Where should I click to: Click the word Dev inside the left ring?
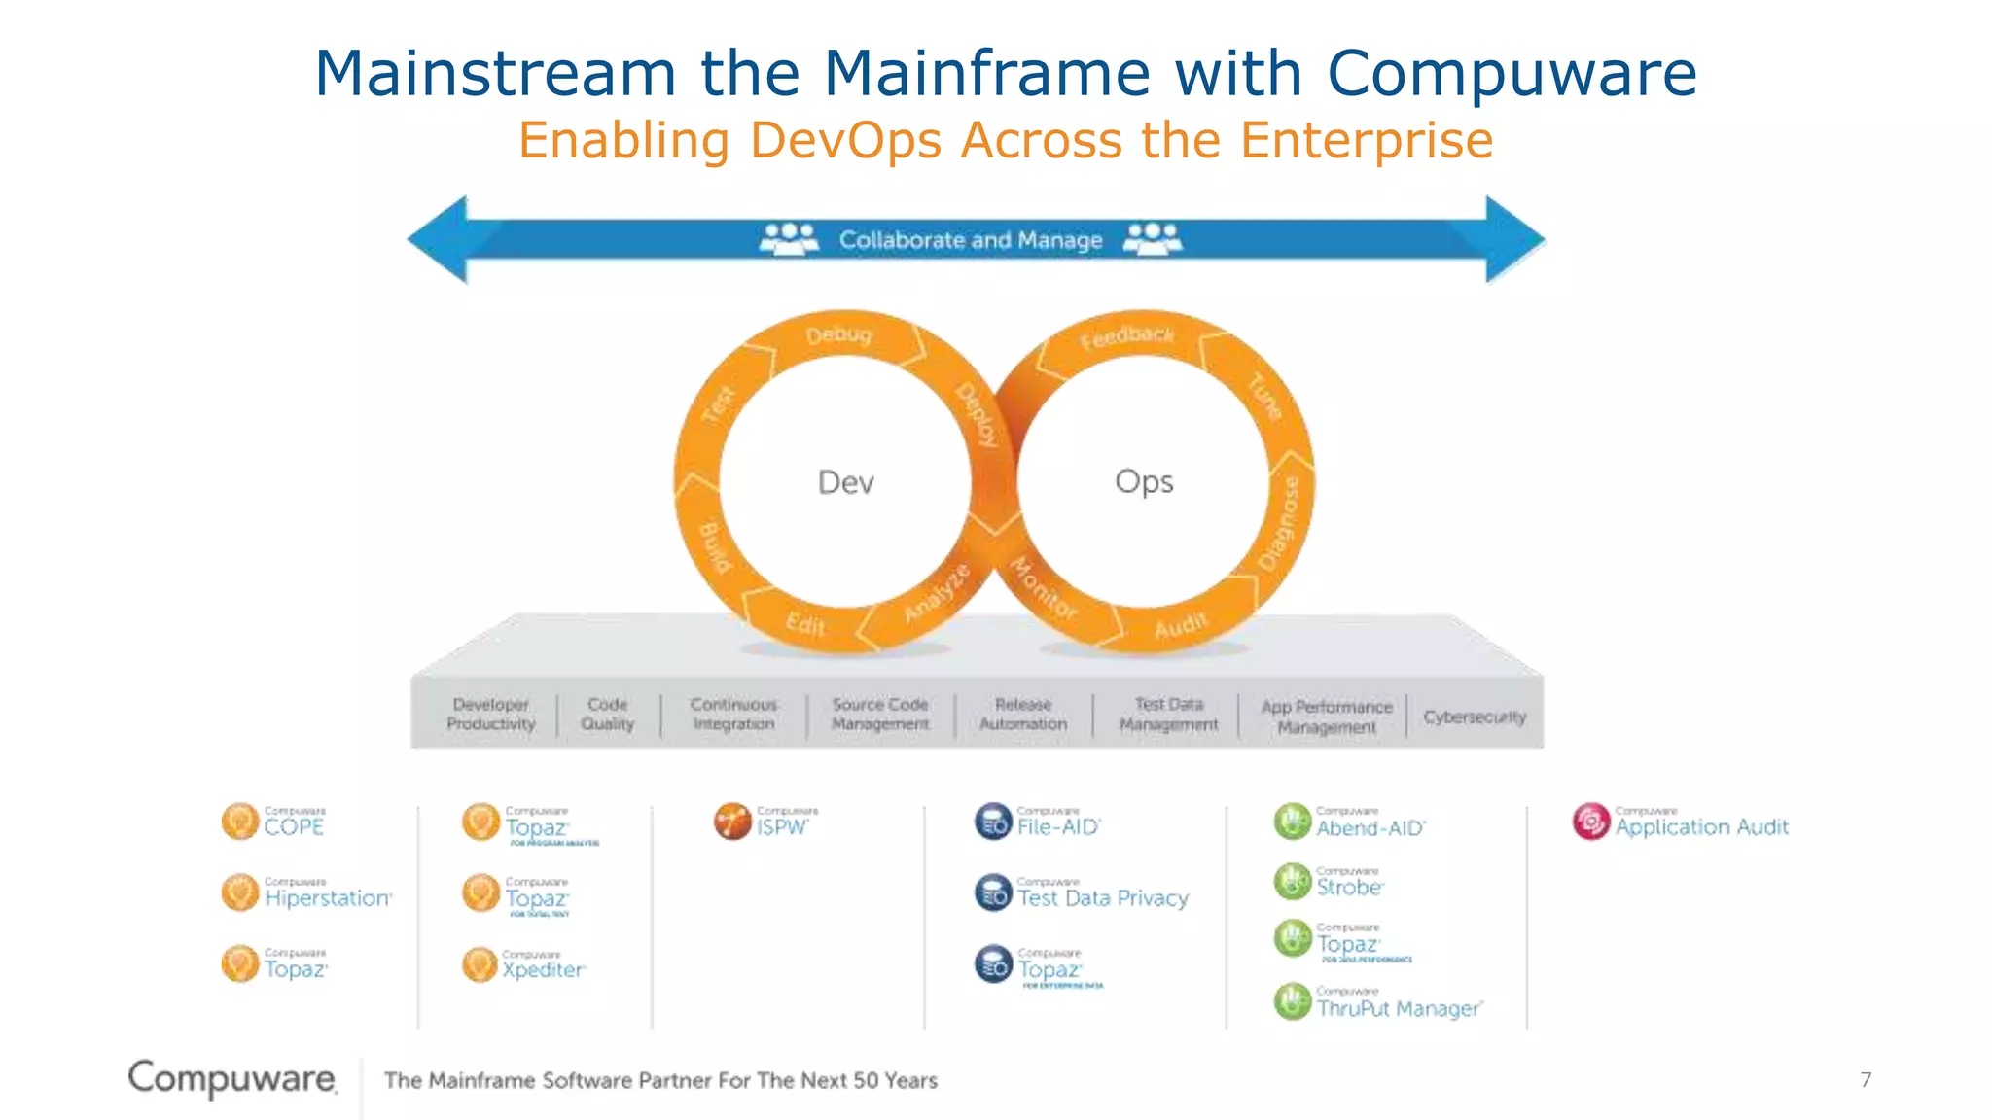click(x=845, y=482)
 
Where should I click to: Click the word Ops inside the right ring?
click(x=1144, y=481)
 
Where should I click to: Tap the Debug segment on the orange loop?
click(x=838, y=335)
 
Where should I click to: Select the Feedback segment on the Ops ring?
click(x=1127, y=337)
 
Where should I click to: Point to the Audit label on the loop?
click(x=1180, y=626)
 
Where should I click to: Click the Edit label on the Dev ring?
click(x=805, y=623)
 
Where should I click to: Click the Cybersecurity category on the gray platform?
click(x=1475, y=717)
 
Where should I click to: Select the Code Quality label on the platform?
click(x=607, y=714)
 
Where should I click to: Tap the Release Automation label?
click(x=1022, y=714)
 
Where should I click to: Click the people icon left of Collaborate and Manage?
click(x=789, y=238)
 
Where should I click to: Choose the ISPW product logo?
click(x=732, y=822)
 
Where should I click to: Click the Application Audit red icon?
click(x=1591, y=822)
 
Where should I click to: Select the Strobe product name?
click(x=1349, y=887)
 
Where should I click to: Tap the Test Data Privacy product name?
click(x=1103, y=898)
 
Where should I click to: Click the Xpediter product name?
click(x=543, y=969)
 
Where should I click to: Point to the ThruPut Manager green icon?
click(x=1293, y=1002)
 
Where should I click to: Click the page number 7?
click(x=1866, y=1079)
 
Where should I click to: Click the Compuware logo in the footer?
click(x=232, y=1078)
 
